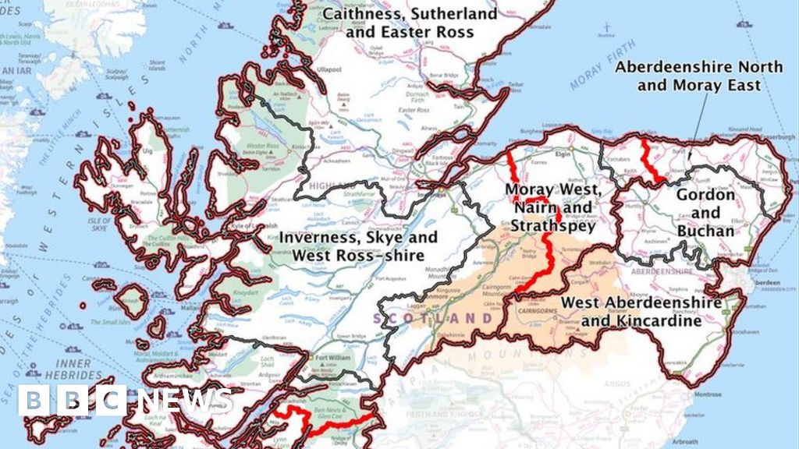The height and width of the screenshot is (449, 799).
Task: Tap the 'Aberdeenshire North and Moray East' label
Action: [x=698, y=76]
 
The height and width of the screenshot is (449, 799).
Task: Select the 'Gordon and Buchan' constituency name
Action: [x=705, y=213]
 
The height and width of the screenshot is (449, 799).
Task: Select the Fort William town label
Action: [x=331, y=359]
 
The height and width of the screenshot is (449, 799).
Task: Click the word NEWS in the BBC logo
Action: [x=185, y=401]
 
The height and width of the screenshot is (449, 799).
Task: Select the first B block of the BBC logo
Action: [x=34, y=401]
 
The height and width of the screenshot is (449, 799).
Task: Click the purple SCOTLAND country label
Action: [x=434, y=319]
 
